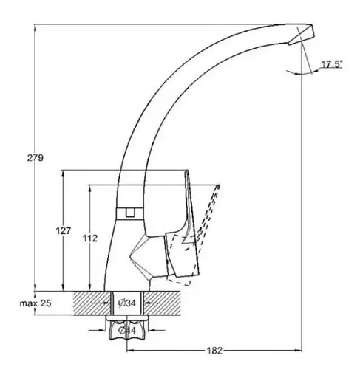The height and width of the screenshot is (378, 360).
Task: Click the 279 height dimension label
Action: pos(35,158)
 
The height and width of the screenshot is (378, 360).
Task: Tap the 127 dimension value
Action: pos(64,231)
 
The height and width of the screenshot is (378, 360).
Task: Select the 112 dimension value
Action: pos(90,238)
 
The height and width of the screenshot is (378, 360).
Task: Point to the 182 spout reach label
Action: pos(214,351)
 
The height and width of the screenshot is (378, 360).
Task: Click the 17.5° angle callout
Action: pos(332,64)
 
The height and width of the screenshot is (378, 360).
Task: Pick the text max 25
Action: pos(35,303)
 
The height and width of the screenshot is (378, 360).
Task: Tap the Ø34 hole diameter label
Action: pos(127,303)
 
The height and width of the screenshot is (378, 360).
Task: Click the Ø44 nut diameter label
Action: pos(127,330)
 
